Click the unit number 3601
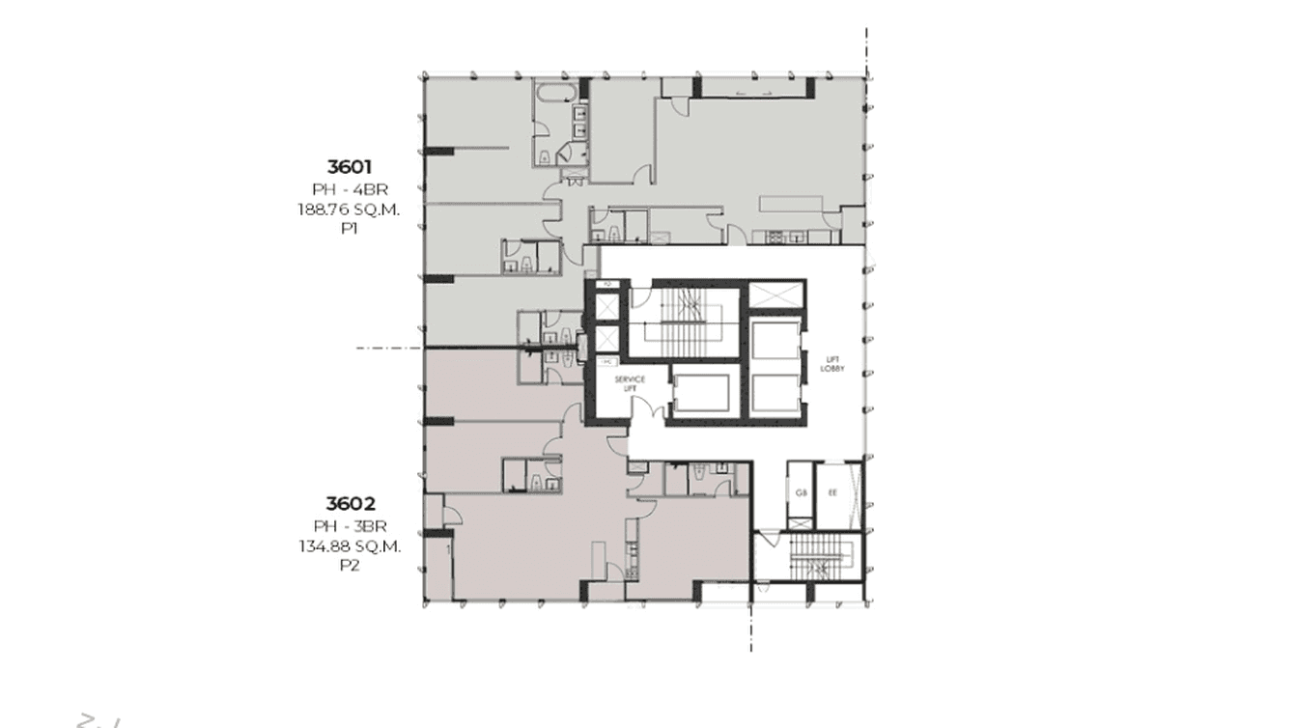(x=350, y=167)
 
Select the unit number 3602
(x=350, y=503)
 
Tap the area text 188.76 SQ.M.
(x=350, y=210)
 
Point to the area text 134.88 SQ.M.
(x=350, y=546)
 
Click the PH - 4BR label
(x=350, y=189)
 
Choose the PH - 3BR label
(x=350, y=526)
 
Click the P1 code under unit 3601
(x=350, y=229)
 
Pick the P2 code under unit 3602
(x=350, y=566)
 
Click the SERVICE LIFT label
(x=630, y=383)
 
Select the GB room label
(x=801, y=492)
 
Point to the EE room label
(x=832, y=492)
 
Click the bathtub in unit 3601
(x=558, y=95)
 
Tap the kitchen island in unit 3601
(x=790, y=203)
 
